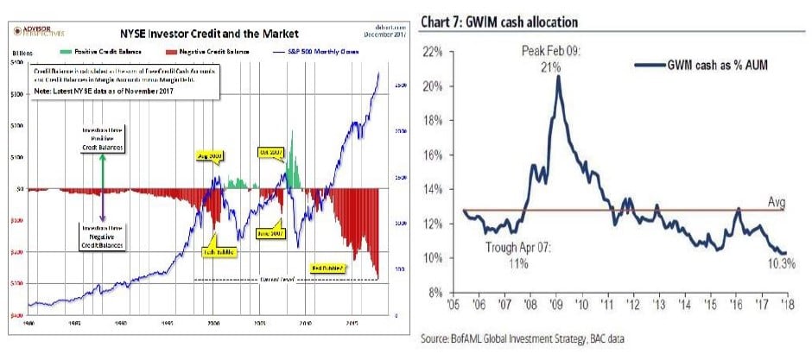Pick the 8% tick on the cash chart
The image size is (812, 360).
pyautogui.click(x=434, y=291)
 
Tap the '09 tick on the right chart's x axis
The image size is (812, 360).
pyautogui.click(x=561, y=305)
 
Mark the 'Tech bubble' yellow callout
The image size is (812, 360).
pyautogui.click(x=219, y=251)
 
